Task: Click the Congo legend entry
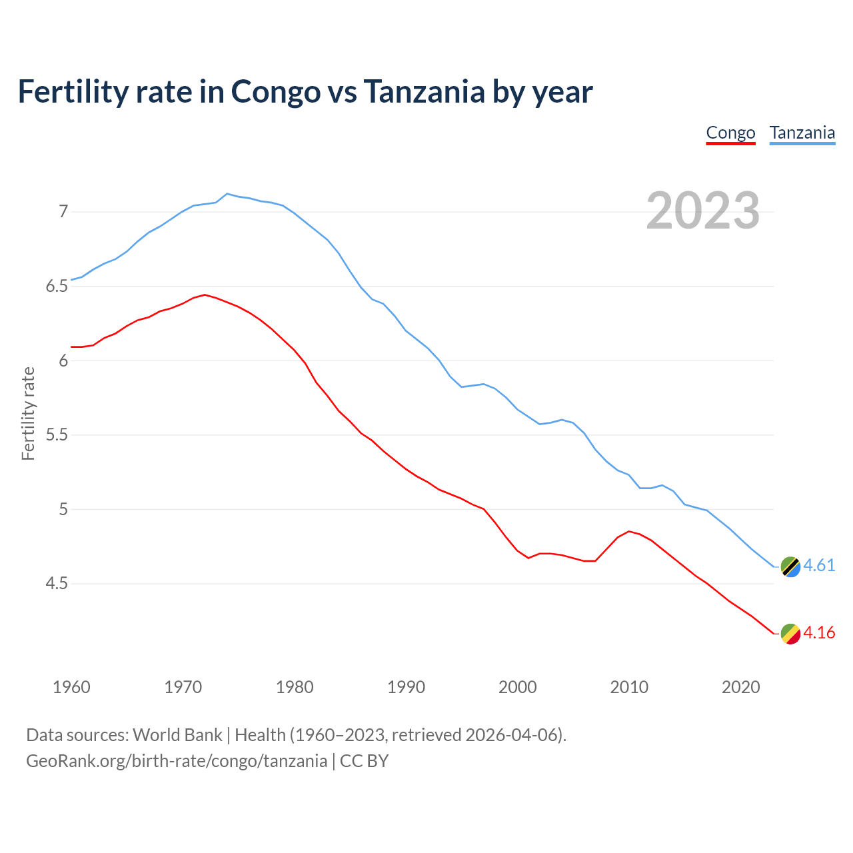(730, 133)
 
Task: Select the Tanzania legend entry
(802, 133)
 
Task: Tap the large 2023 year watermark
(703, 211)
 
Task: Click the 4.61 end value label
(819, 566)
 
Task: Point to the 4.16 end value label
(819, 633)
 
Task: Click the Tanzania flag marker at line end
(790, 566)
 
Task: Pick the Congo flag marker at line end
(790, 634)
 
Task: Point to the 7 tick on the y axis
(63, 212)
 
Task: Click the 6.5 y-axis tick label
(57, 287)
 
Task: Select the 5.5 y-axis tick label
(57, 435)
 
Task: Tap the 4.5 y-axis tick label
(57, 584)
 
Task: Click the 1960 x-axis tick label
(71, 687)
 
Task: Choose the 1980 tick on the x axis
(295, 687)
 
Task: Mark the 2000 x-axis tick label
(517, 687)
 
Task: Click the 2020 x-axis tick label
(740, 687)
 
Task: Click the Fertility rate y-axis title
(28, 413)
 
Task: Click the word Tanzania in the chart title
(424, 92)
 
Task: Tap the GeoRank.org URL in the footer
(177, 761)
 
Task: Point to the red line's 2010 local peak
(629, 531)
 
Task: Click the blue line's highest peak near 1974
(227, 194)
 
